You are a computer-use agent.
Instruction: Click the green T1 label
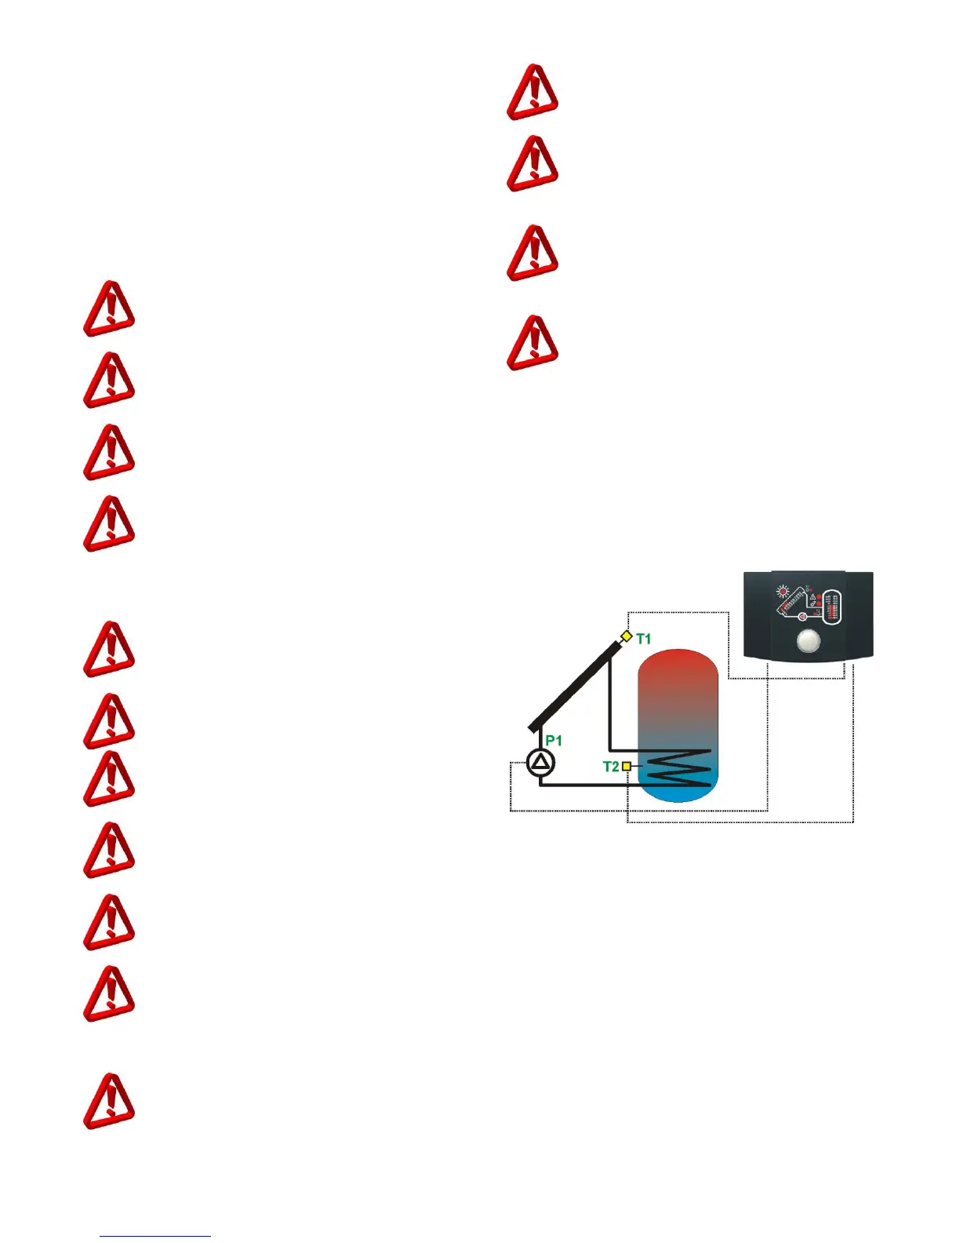[x=644, y=639]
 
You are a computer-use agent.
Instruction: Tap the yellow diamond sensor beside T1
[x=626, y=636]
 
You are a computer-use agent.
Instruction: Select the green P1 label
[x=554, y=740]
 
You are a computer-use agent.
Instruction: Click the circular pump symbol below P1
[x=540, y=762]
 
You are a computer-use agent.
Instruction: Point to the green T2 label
[x=611, y=766]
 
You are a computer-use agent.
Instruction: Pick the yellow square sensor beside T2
[x=627, y=766]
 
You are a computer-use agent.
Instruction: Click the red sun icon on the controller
[x=782, y=592]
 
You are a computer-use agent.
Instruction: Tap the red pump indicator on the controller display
[x=802, y=617]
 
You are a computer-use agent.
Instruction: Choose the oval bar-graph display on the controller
[x=833, y=607]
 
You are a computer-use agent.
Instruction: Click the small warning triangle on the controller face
[x=813, y=597]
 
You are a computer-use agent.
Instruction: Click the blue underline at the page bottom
[x=155, y=1237]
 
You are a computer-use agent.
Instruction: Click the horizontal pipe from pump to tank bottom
[x=588, y=784]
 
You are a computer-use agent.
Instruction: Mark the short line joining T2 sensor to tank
[x=637, y=766]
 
